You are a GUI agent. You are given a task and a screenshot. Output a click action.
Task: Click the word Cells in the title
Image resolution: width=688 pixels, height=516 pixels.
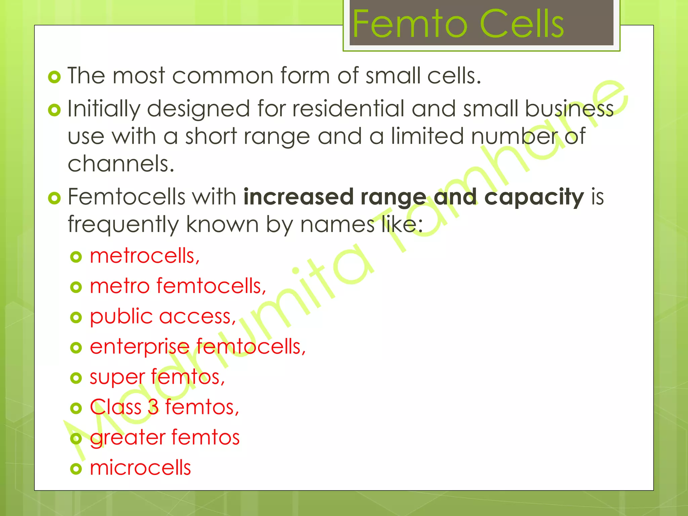coord(523,24)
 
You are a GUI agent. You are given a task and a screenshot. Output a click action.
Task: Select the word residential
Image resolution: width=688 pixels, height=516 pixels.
coord(348,109)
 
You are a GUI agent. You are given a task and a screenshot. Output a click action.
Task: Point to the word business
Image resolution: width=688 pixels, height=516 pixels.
coord(569,109)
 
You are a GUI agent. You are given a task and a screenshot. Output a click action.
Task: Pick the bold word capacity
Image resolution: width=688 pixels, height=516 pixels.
coord(534,197)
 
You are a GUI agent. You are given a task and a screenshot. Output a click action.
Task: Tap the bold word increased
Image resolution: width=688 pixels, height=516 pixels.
coord(298,197)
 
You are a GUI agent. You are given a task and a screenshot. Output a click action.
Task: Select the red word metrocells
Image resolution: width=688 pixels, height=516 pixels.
coord(144,256)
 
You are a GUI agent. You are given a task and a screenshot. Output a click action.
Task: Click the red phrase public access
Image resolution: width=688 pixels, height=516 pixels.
coord(163,317)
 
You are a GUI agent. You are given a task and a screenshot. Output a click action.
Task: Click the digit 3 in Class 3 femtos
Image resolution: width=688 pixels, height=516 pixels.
coord(153,407)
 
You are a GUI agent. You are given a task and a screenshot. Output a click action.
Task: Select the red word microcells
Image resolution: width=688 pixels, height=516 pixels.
coord(140,468)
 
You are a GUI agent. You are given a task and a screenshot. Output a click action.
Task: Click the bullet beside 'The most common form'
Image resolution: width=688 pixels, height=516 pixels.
coord(54,77)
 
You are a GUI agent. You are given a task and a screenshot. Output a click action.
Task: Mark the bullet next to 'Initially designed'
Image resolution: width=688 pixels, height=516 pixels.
coord(54,110)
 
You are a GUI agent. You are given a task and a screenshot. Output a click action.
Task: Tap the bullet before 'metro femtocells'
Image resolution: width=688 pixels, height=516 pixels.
coord(76,287)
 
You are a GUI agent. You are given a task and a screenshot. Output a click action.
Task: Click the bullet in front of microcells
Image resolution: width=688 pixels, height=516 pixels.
coord(76,469)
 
